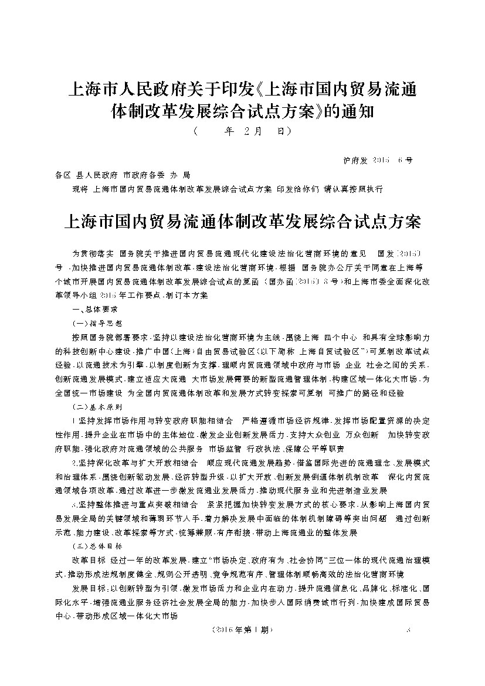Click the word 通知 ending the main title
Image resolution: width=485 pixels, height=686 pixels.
coord(354,111)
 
